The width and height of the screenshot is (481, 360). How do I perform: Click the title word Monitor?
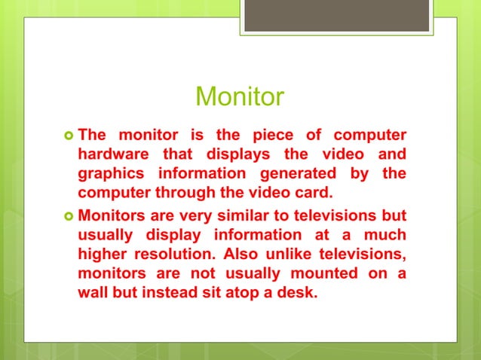[x=240, y=97]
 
